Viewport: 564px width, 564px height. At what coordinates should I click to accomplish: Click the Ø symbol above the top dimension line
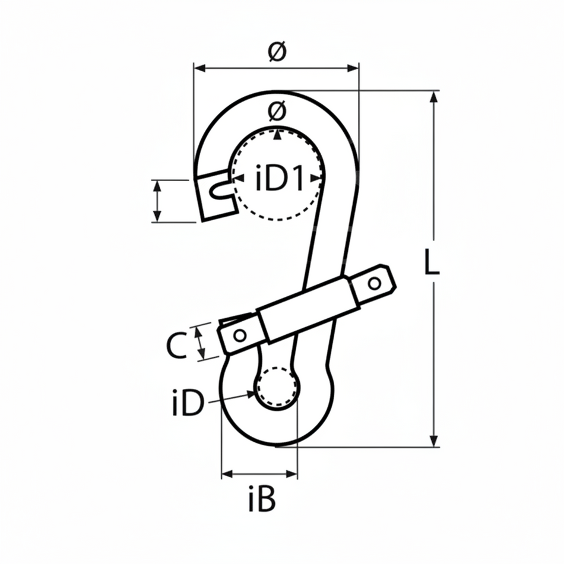[x=277, y=52]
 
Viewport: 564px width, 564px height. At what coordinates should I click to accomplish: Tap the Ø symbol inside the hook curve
[x=277, y=110]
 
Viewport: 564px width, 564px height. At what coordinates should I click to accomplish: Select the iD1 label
[x=279, y=179]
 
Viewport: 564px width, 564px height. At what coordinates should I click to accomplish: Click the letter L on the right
[x=432, y=262]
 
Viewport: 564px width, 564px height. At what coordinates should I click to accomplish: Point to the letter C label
[x=176, y=346]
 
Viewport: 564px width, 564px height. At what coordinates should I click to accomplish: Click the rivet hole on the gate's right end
[x=374, y=283]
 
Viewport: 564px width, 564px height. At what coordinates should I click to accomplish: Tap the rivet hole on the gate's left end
[x=240, y=335]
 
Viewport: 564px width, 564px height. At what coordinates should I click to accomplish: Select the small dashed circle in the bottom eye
[x=276, y=387]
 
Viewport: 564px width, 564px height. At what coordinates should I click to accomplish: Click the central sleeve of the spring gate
[x=309, y=309]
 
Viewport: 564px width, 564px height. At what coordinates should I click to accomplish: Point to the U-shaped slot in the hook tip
[x=220, y=189]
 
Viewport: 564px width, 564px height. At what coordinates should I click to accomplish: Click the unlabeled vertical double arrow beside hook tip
[x=157, y=201]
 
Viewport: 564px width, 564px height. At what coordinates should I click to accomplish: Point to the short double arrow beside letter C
[x=201, y=342]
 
